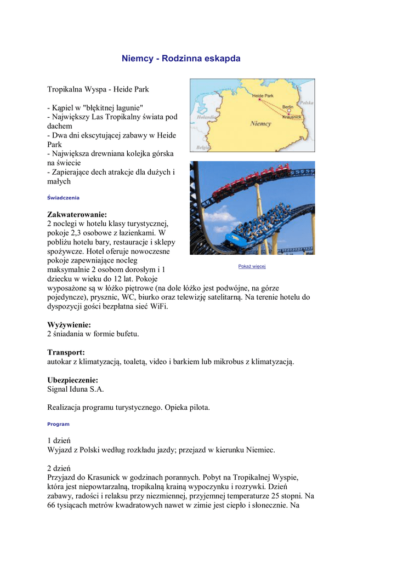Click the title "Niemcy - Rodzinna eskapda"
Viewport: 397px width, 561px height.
pyautogui.click(x=181, y=58)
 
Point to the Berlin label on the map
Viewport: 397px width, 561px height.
pyautogui.click(x=287, y=106)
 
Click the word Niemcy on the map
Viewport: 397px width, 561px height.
pyautogui.click(x=260, y=124)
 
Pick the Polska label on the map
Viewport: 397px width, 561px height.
pyautogui.click(x=307, y=102)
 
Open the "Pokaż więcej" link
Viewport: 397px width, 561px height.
pyautogui.click(x=252, y=266)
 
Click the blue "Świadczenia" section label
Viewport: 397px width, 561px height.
pyautogui.click(x=63, y=197)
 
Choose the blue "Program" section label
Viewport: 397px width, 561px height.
pyautogui.click(x=58, y=424)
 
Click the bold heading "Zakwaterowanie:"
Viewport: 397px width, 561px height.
pyautogui.click(x=77, y=214)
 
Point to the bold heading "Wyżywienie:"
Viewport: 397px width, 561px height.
pyautogui.click(x=69, y=325)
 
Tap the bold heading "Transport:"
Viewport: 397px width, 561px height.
pyautogui.click(x=66, y=352)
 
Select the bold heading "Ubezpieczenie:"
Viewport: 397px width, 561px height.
pyautogui.click(x=73, y=380)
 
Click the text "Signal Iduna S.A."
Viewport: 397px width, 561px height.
pyautogui.click(x=76, y=389)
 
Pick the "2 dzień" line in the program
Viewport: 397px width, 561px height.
pyautogui.click(x=59, y=468)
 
